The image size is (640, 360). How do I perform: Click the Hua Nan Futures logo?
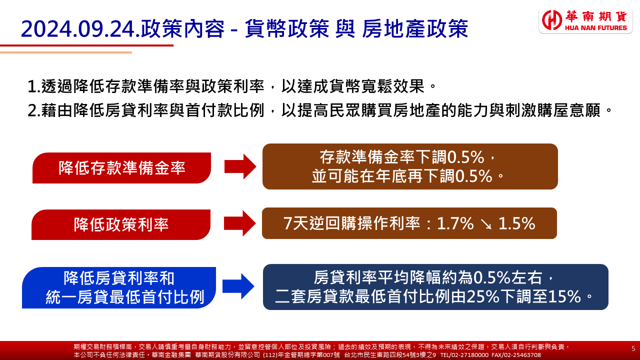[585, 20]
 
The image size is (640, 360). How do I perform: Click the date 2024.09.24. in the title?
[81, 29]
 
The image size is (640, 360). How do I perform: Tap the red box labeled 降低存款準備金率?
[121, 167]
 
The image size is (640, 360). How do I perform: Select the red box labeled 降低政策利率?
[121, 224]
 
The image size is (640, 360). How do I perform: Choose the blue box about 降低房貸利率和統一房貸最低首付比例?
[119, 287]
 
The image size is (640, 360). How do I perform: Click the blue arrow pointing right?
[238, 286]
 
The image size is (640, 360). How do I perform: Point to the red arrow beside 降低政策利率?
[239, 223]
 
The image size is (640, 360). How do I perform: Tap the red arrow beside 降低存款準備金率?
[240, 166]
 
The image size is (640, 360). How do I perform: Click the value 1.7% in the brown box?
[455, 223]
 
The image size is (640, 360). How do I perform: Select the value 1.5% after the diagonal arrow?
[516, 223]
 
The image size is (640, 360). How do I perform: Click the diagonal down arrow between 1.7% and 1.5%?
[486, 224]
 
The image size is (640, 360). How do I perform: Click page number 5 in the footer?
[633, 348]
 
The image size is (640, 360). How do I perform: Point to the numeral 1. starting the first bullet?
[33, 86]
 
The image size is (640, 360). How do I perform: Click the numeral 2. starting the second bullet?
[34, 111]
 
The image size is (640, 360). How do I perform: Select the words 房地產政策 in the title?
[415, 29]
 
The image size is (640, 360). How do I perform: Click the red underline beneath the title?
[87, 45]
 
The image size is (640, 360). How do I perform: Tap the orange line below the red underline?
[66, 52]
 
